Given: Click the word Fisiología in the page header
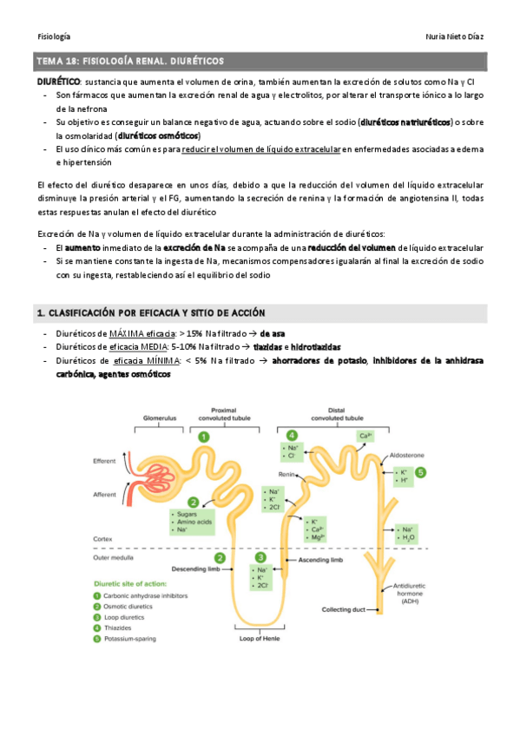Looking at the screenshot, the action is tap(54, 36).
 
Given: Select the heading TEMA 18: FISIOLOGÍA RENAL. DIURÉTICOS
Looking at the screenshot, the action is tap(129, 62).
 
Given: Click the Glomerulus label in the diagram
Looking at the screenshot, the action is tap(159, 417).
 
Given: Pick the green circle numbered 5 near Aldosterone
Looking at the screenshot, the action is tap(420, 472).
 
